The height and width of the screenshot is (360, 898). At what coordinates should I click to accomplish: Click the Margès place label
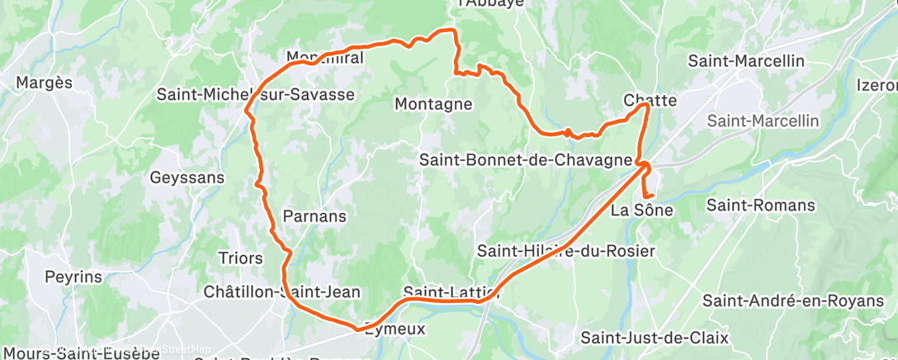tap(45, 83)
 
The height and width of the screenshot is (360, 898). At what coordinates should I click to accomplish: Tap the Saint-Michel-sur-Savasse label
tap(255, 95)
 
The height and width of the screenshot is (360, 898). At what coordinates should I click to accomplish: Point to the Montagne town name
tap(433, 104)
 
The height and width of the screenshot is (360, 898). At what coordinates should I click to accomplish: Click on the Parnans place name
tap(314, 216)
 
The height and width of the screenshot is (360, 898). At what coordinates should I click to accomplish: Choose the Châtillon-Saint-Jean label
tap(282, 292)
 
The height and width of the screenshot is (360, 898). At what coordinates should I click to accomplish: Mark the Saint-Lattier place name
tap(451, 292)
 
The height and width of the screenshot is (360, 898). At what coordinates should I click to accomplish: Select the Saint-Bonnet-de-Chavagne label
tap(527, 159)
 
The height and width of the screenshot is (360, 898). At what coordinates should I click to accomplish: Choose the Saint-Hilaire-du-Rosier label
tap(566, 251)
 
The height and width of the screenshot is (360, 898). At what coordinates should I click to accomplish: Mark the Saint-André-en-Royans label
tap(793, 301)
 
